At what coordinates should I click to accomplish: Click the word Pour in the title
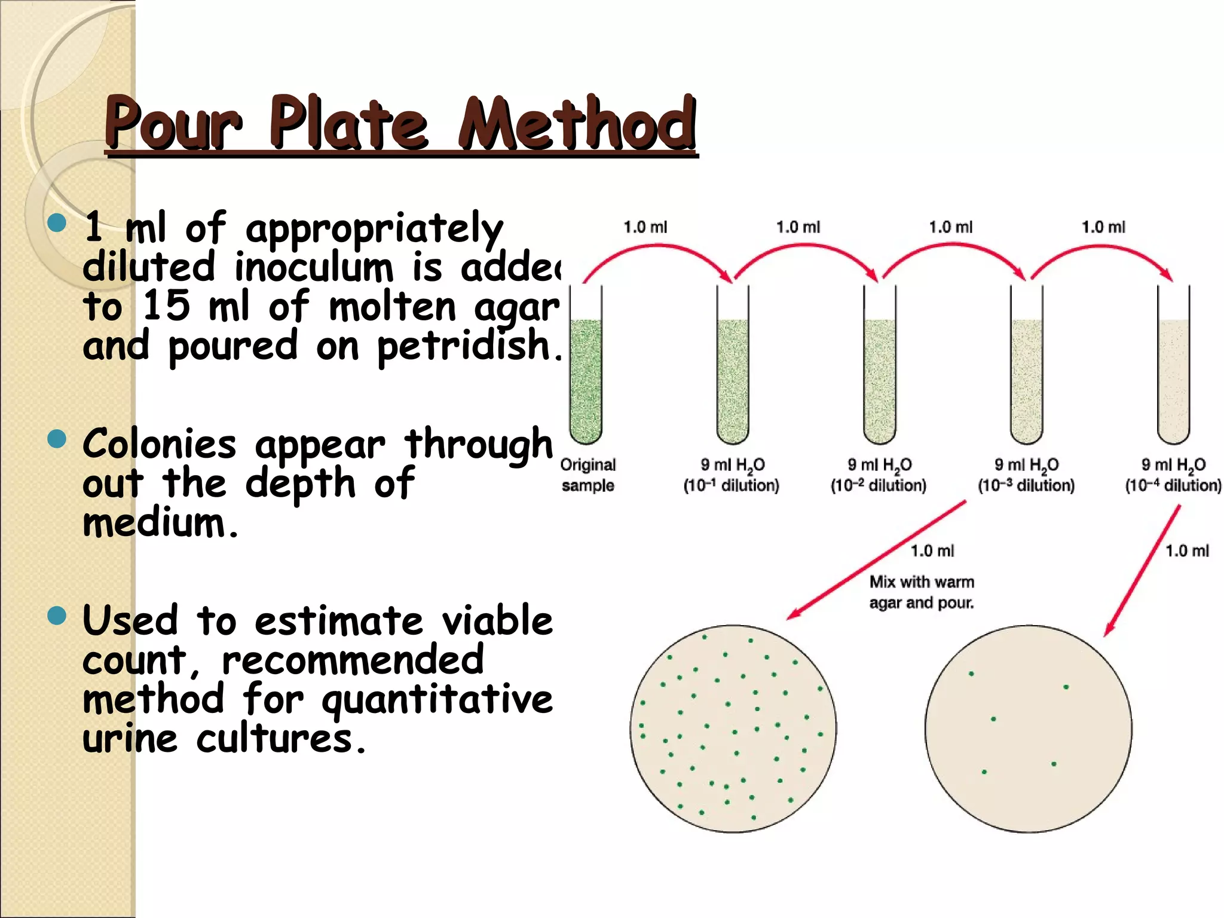tap(173, 124)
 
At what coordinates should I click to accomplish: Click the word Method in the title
tap(577, 124)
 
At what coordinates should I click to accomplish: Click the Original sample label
tap(588, 475)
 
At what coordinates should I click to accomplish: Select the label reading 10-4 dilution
tap(1173, 485)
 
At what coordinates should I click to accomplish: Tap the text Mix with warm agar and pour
tap(922, 592)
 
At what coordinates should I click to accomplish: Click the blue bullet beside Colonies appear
tap(57, 439)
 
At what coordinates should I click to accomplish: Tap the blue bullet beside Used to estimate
tap(57, 616)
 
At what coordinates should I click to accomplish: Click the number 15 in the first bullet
tap(166, 306)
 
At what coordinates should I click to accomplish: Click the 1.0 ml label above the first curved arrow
tap(645, 227)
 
